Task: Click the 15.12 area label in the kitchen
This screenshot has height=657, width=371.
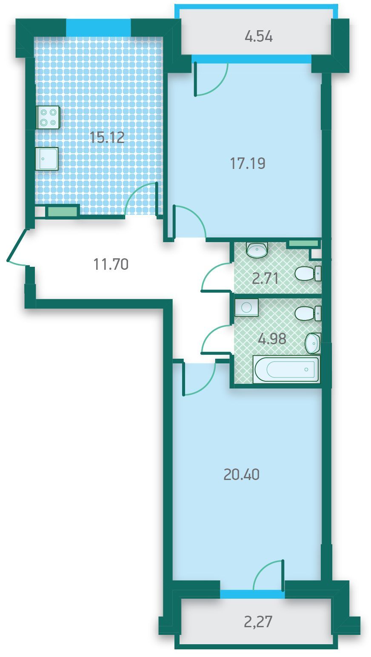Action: (107, 137)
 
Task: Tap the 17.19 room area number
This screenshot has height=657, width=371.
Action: (248, 163)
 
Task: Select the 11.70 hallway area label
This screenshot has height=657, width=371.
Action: (111, 264)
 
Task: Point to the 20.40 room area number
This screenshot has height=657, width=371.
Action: (241, 474)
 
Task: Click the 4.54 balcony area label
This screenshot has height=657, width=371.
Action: (259, 37)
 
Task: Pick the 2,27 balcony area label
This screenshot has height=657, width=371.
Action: (258, 621)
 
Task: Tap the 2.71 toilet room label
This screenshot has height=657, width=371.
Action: (265, 278)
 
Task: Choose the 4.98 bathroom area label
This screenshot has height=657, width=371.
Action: (272, 339)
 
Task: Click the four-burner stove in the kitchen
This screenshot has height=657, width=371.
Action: (48, 117)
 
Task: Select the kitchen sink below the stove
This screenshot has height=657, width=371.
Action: (47, 159)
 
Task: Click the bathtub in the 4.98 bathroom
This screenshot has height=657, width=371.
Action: (286, 369)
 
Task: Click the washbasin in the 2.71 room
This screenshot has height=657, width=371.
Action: (257, 250)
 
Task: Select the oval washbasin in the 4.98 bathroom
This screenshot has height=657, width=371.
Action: (313, 343)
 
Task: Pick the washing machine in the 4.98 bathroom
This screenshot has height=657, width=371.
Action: (246, 307)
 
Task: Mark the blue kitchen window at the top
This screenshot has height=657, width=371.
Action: (98, 27)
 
